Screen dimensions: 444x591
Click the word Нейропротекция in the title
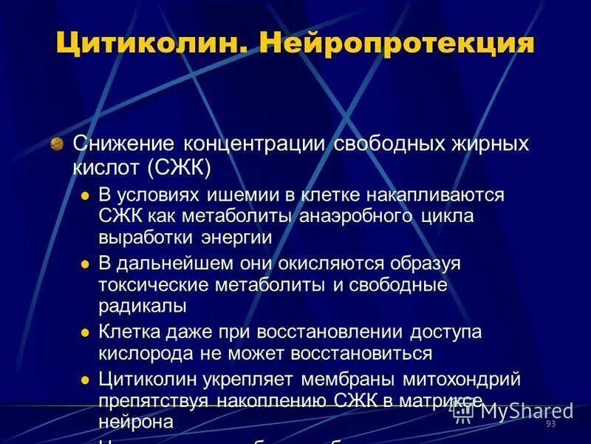(396, 42)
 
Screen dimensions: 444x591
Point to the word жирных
(491, 143)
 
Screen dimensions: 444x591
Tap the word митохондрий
(461, 380)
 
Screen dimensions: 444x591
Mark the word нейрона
(136, 422)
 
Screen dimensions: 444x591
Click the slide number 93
(550, 423)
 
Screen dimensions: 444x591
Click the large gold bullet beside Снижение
(56, 144)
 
